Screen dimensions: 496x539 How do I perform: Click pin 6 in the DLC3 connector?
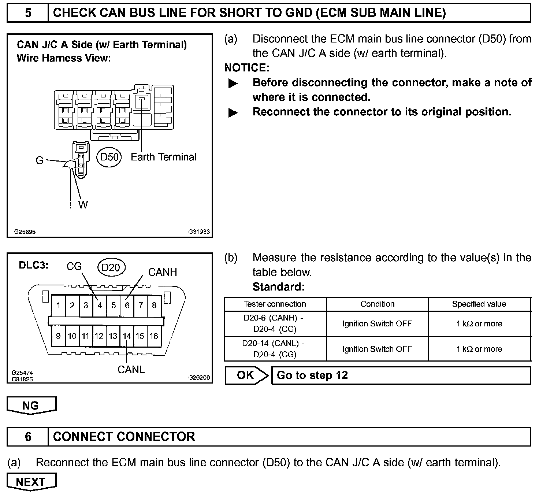(x=127, y=306)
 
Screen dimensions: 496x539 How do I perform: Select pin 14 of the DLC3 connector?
(x=127, y=336)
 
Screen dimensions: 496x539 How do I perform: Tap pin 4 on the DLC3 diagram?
(x=99, y=306)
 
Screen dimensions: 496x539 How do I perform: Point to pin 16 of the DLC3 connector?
(x=154, y=336)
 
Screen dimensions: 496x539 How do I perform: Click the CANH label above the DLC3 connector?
(x=163, y=272)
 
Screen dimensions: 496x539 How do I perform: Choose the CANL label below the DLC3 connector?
(x=131, y=370)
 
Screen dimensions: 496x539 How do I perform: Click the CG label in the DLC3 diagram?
(x=74, y=267)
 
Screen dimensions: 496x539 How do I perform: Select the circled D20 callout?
(x=111, y=268)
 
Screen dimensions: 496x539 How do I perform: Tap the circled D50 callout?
(x=109, y=157)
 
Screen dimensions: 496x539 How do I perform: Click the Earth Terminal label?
(x=163, y=157)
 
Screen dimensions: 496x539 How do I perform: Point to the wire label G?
(x=39, y=160)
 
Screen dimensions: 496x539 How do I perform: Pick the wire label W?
(x=83, y=205)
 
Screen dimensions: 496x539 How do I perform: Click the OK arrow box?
(x=246, y=375)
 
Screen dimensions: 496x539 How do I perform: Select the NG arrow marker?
(x=31, y=406)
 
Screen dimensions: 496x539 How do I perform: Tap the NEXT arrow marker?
(x=31, y=482)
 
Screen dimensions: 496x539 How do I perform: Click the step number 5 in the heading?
(x=28, y=13)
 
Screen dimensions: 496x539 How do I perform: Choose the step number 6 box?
(x=28, y=437)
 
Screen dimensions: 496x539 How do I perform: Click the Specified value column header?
(x=479, y=304)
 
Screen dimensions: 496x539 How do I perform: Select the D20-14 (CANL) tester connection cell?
(x=275, y=349)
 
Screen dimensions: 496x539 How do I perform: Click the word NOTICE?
(x=247, y=68)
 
